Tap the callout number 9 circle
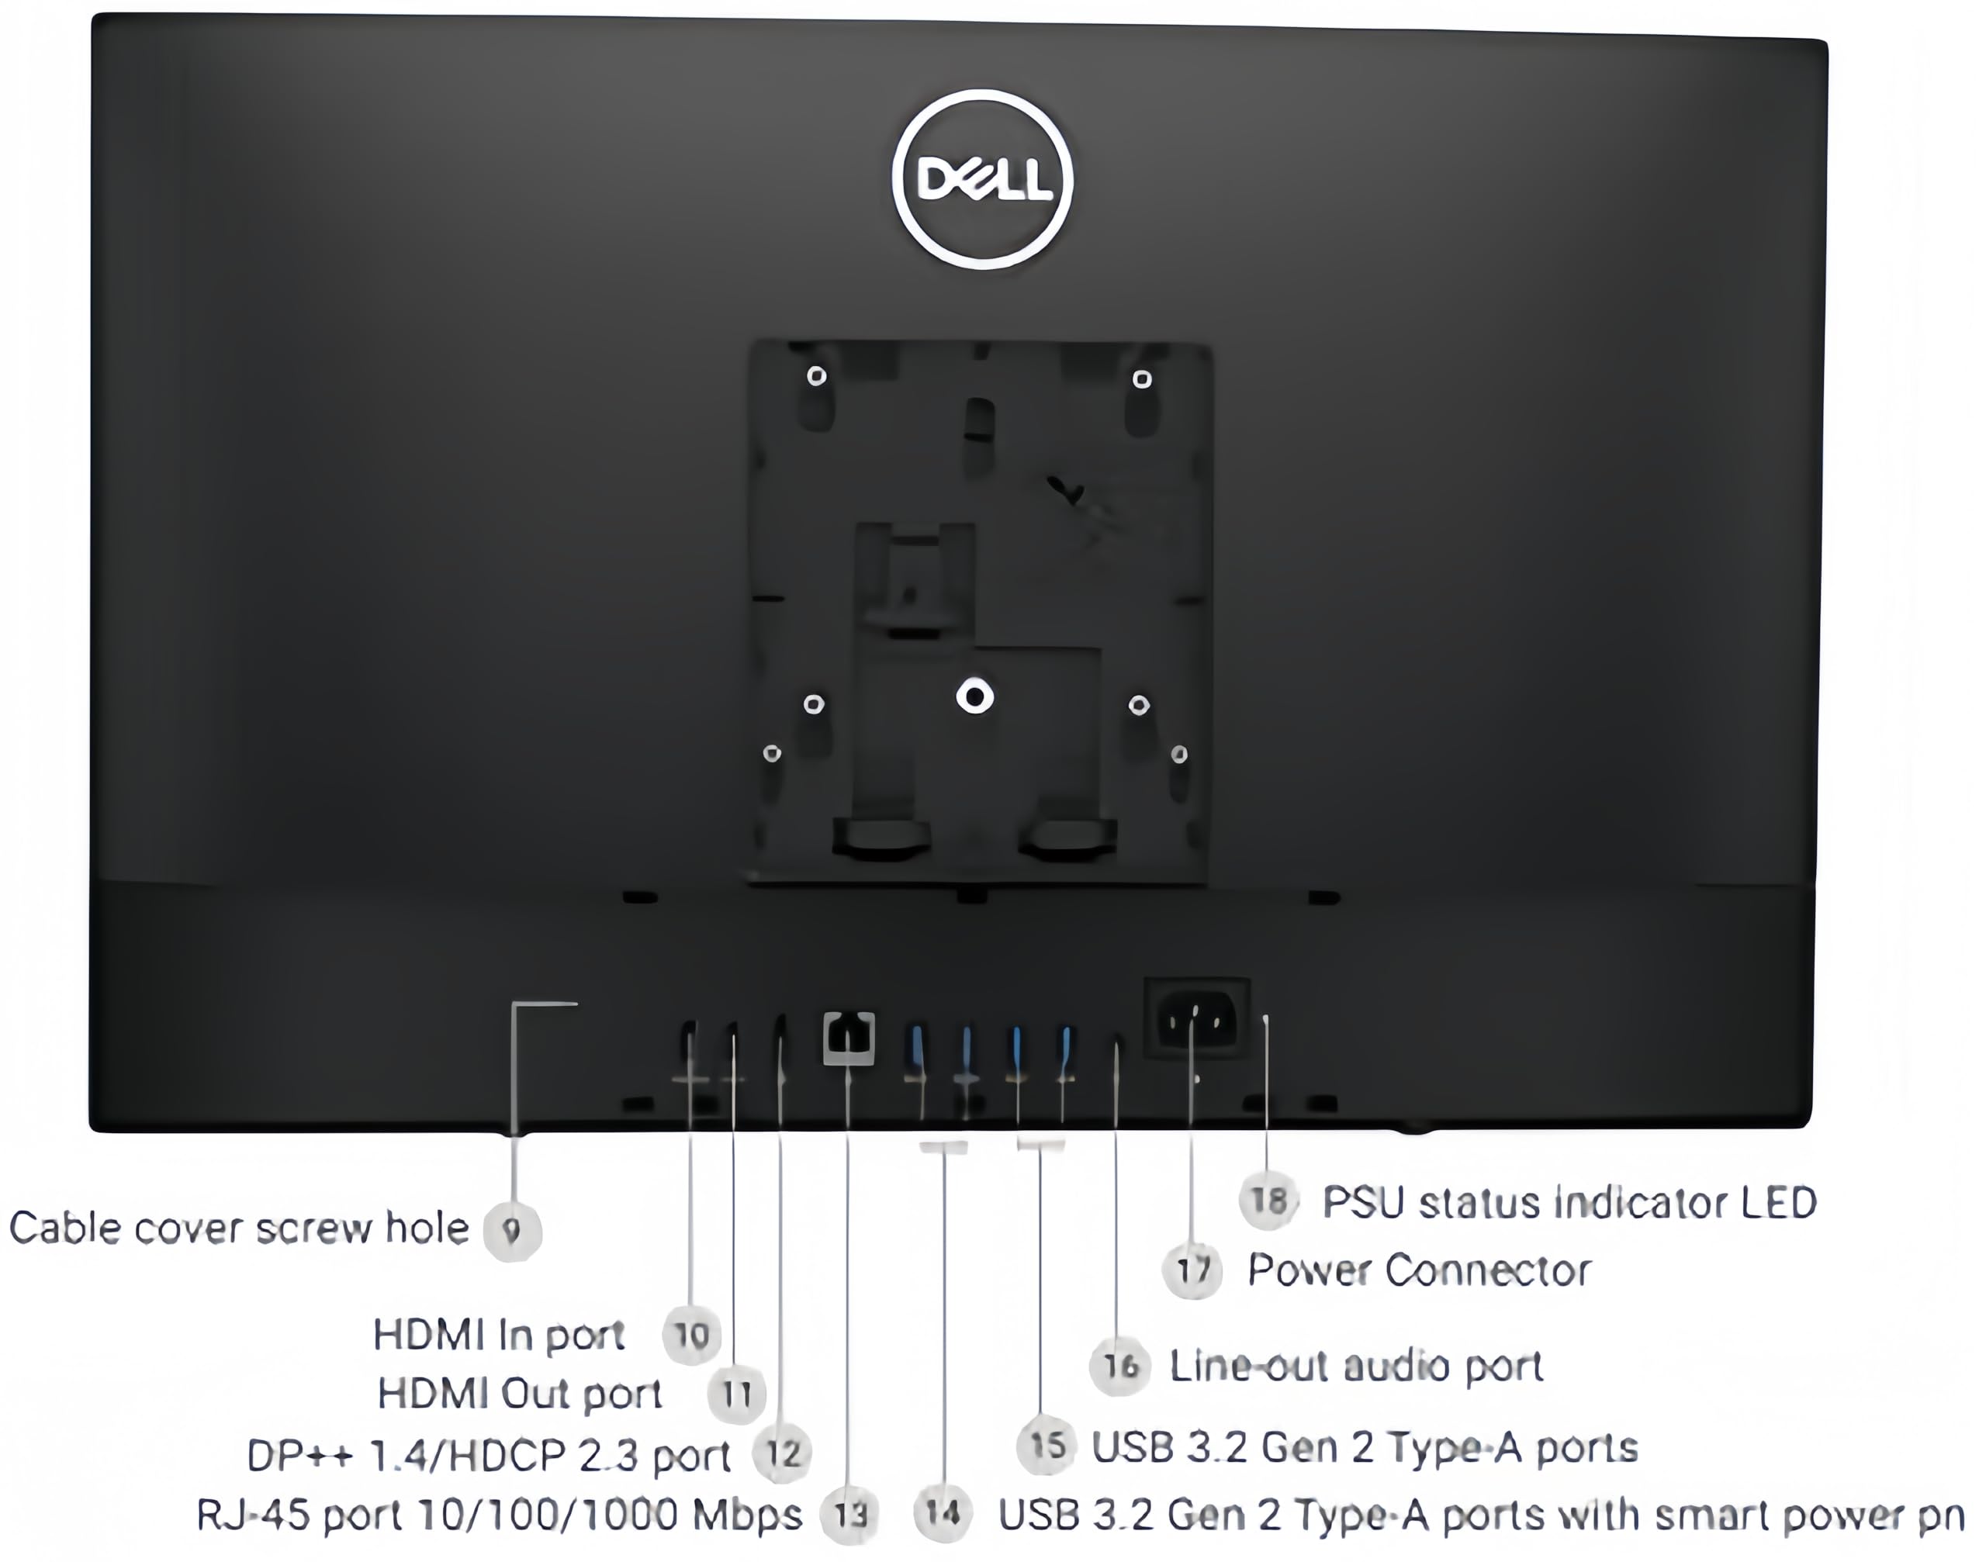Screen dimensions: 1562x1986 click(512, 1231)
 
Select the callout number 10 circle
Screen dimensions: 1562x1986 click(691, 1336)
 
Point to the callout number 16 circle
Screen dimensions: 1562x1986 click(1119, 1367)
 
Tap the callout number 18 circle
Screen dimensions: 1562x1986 click(1269, 1200)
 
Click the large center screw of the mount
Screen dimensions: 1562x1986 click(974, 698)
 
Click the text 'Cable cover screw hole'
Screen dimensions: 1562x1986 click(239, 1229)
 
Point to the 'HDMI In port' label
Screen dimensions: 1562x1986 click(499, 1336)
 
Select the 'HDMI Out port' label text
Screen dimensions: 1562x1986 click(520, 1394)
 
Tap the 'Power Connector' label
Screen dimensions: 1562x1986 click(1419, 1270)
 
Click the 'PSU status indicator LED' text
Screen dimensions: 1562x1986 click(1569, 1203)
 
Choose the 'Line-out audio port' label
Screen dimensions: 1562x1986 click(1357, 1367)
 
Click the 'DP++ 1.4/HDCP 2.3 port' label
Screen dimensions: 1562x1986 click(490, 1456)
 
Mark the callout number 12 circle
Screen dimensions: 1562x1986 click(783, 1453)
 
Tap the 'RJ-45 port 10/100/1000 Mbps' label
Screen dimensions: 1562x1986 click(500, 1515)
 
